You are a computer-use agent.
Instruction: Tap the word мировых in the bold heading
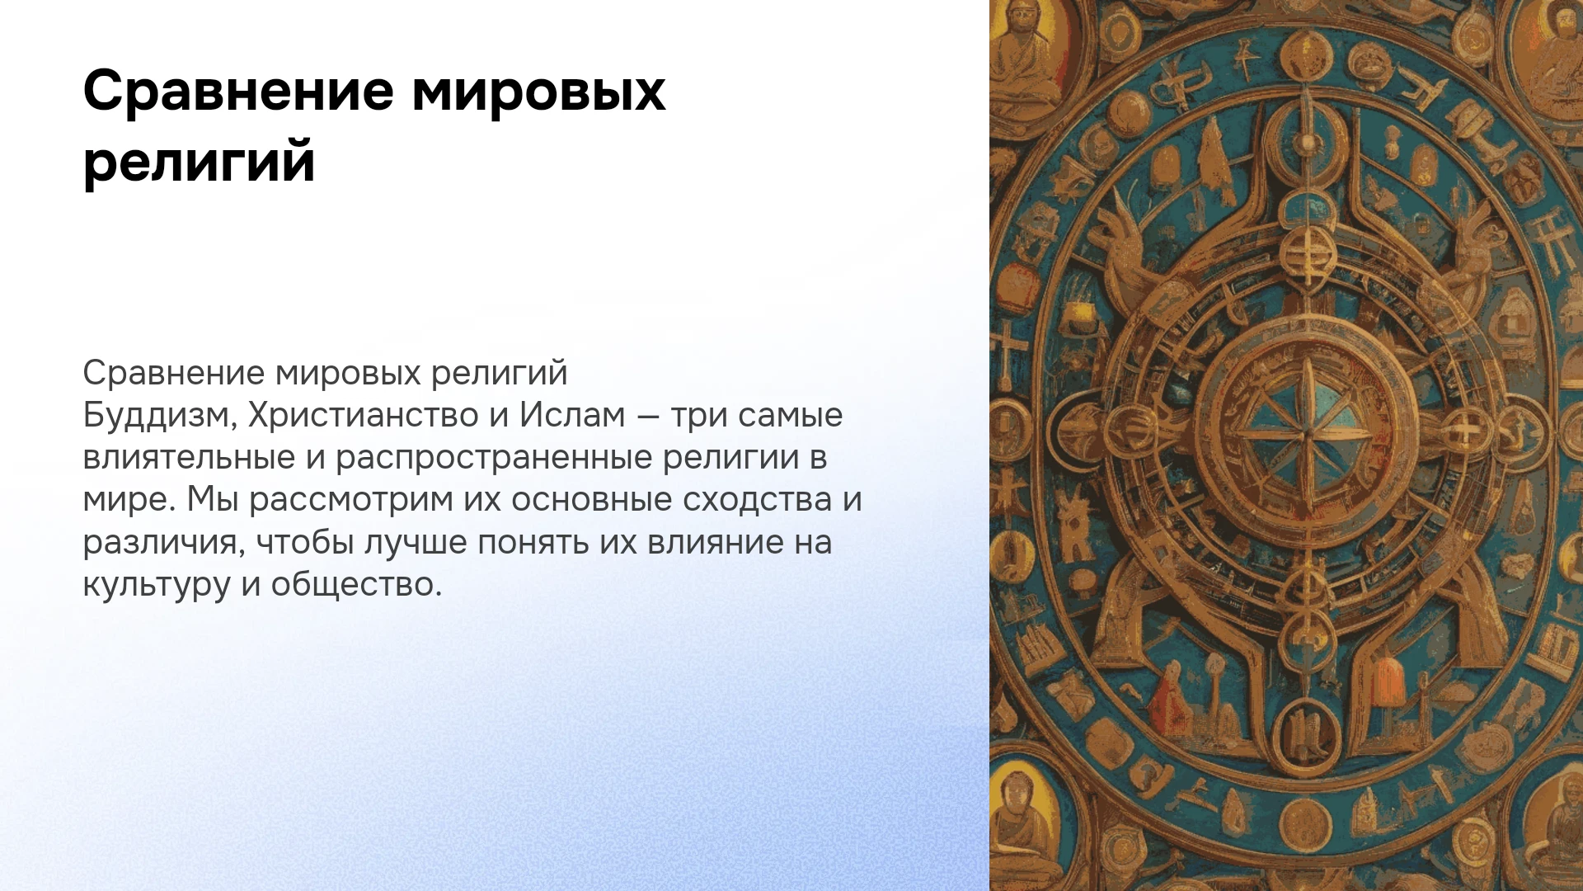tap(538, 91)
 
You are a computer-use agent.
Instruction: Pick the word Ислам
tap(572, 415)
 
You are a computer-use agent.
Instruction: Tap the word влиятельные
tap(189, 457)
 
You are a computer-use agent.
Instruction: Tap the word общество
tap(356, 585)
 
